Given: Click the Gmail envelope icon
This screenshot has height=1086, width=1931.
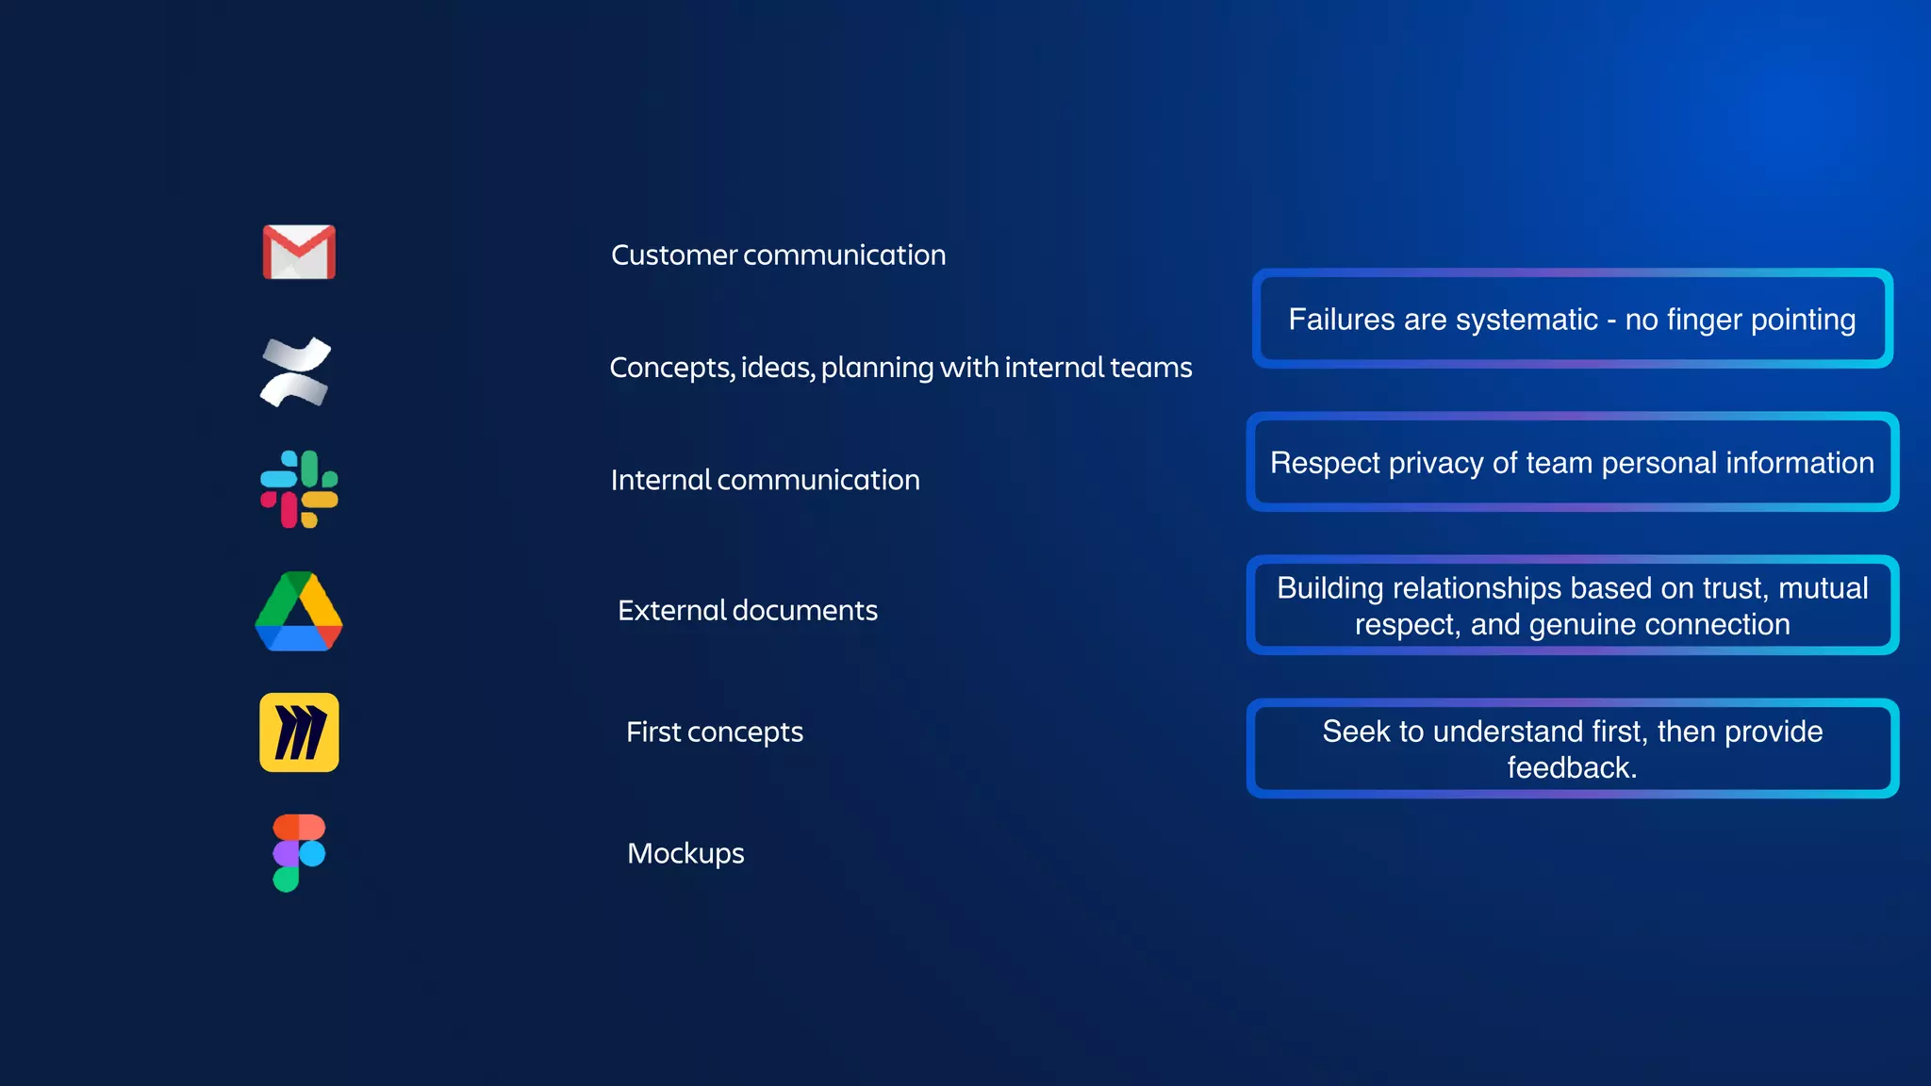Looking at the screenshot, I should [x=299, y=252].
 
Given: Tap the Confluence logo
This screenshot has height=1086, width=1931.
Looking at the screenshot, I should [x=296, y=372].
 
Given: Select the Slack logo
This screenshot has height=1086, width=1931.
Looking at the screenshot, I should [x=299, y=488].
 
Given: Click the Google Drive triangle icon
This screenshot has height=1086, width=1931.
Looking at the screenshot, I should [x=299, y=612].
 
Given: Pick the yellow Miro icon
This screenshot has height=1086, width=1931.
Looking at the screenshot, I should [x=299, y=732].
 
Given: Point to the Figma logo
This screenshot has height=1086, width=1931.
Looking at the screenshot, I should [x=299, y=852].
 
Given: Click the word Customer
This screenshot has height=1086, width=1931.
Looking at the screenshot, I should [x=673, y=255].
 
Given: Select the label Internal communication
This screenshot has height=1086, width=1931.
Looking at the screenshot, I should [x=765, y=480].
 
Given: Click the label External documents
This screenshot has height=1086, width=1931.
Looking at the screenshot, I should [x=747, y=611].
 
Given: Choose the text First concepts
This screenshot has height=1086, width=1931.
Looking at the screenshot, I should [x=714, y=732].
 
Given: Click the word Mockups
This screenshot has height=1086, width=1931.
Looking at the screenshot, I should [x=685, y=854].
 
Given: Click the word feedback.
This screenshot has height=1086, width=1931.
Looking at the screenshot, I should [x=1570, y=768].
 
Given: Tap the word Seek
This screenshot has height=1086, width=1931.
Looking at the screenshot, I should [x=1355, y=732].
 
